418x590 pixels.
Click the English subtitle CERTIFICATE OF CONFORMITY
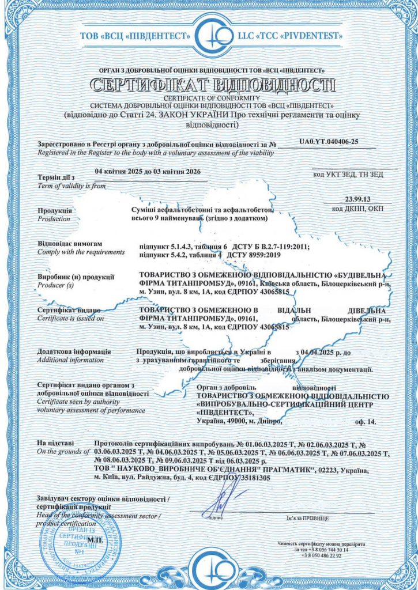tap(209, 99)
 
